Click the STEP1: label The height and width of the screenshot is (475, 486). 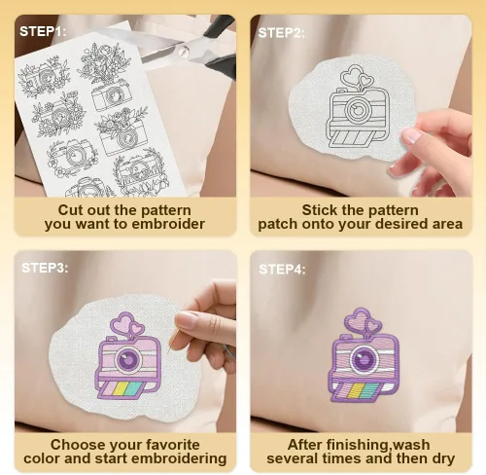coord(43,32)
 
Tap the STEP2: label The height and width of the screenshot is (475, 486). coord(281,33)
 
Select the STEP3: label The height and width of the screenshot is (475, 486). coord(45,268)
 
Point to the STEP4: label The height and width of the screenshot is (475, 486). coord(282,270)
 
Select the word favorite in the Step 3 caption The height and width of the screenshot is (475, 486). coord(173,445)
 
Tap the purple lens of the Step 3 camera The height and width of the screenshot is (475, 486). coord(128,359)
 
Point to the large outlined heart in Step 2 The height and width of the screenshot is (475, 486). coord(351,75)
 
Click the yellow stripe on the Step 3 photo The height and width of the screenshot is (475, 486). coord(120,388)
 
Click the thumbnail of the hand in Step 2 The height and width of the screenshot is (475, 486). coord(411,135)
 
